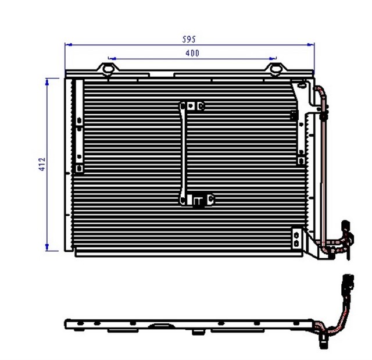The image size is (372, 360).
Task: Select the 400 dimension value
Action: pyautogui.click(x=192, y=54)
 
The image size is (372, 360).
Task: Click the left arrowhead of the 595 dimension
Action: pyautogui.click(x=67, y=44)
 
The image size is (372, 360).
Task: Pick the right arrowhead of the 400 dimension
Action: pyautogui.click(x=273, y=59)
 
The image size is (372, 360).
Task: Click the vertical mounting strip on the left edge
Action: pyautogui.click(x=78, y=125)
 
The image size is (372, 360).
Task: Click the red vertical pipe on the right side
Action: pyautogui.click(x=321, y=169)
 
